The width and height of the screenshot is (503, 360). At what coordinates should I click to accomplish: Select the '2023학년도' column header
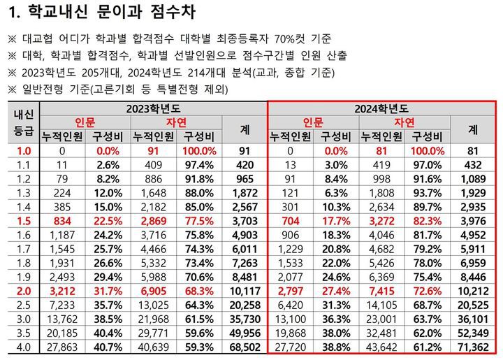(153, 108)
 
